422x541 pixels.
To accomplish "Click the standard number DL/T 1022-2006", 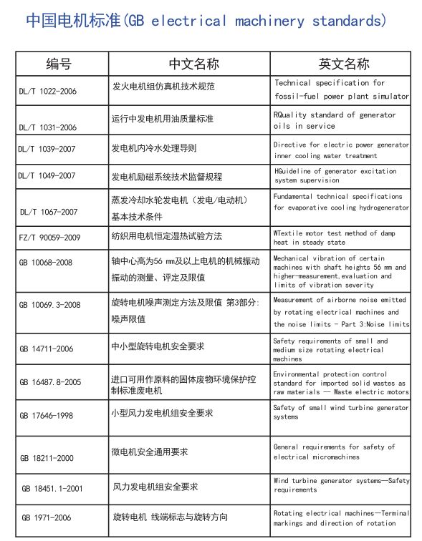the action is click(48, 92).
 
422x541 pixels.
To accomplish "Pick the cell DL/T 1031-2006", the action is click(48, 127).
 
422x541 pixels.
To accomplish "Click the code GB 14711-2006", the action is click(47, 349).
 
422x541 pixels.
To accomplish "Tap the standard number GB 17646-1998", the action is click(47, 416).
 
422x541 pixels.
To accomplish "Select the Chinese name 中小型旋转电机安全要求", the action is click(158, 346).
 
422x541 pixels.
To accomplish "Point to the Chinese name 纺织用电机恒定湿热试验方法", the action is click(167, 235).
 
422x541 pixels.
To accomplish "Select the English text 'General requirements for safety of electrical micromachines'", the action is click(334, 452).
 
